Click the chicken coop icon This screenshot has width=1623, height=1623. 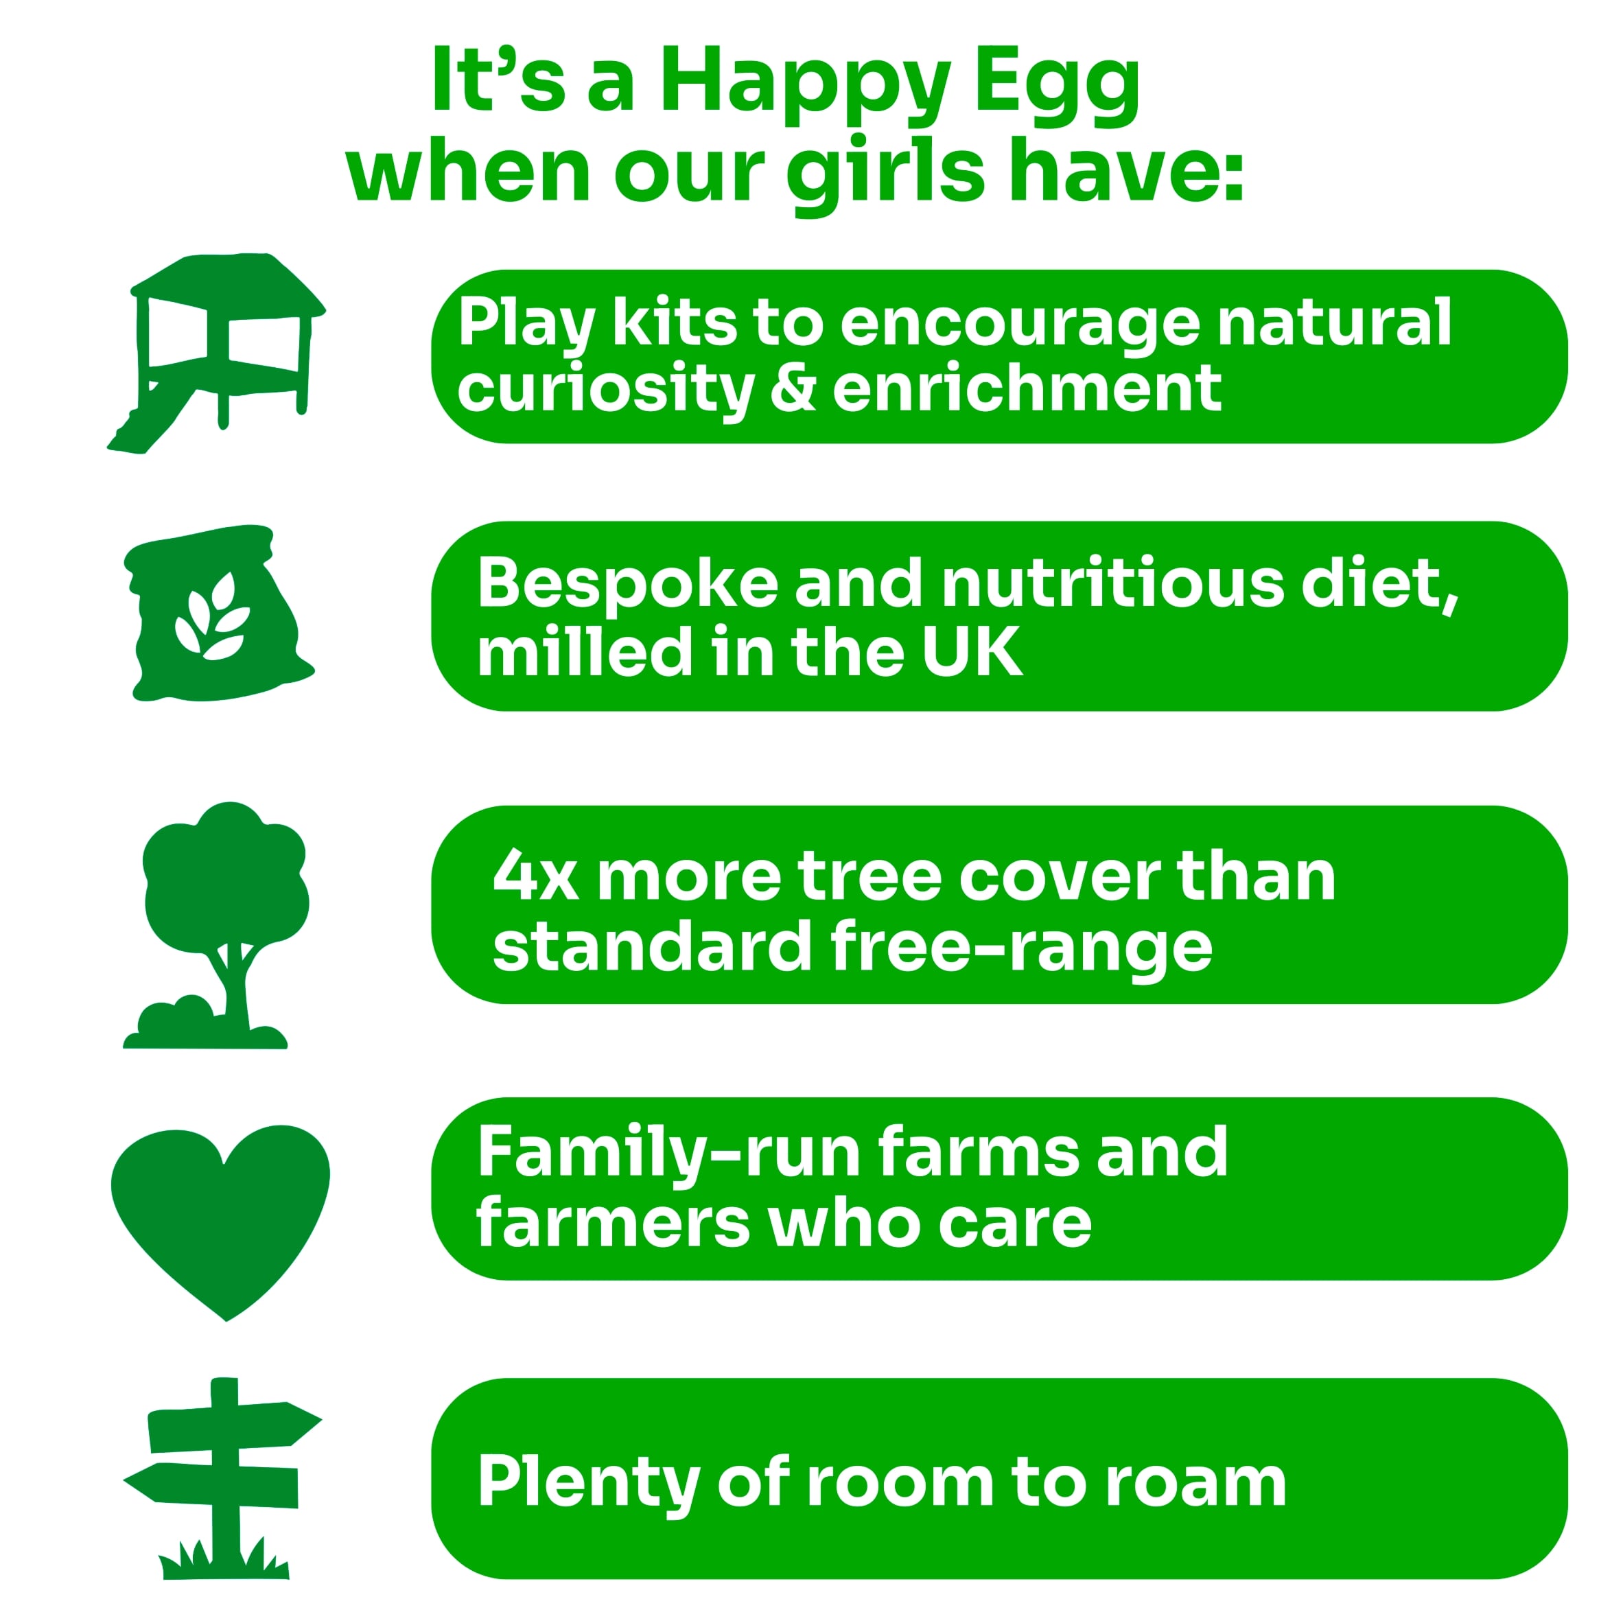pos(217,353)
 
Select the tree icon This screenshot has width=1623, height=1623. pos(217,925)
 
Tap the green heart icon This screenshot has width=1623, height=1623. pos(220,1222)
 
